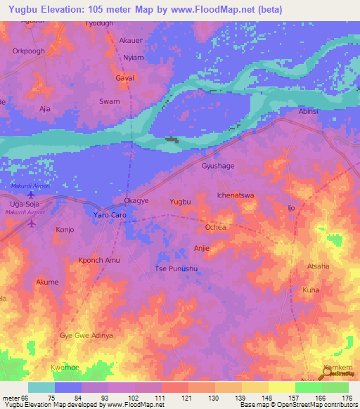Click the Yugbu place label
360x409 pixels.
click(x=181, y=202)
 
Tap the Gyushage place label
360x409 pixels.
click(x=218, y=166)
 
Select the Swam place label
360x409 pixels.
click(x=109, y=101)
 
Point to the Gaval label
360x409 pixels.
click(x=124, y=78)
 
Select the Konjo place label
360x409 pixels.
click(x=65, y=230)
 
